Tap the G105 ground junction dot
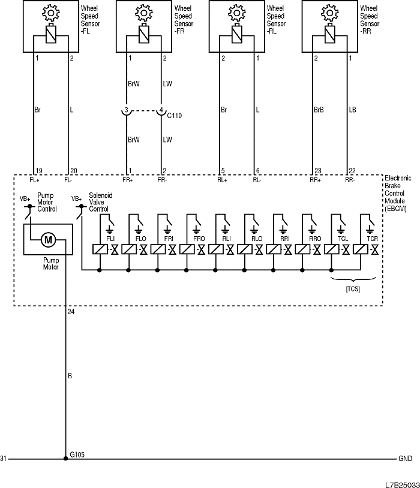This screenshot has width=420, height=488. (x=65, y=459)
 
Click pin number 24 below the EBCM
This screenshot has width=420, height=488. (x=71, y=312)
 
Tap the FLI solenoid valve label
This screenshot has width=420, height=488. (x=110, y=238)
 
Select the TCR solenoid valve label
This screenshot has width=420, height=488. (x=372, y=238)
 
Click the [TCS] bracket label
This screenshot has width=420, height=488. (x=353, y=289)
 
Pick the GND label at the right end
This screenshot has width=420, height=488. (x=405, y=459)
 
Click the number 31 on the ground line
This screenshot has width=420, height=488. (x=4, y=459)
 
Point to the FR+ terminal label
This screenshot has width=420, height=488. (x=127, y=179)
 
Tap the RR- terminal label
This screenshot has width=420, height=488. (x=349, y=179)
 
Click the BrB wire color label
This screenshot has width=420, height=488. (x=319, y=110)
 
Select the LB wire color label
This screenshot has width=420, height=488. (x=353, y=110)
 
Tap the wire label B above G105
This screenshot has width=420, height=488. (x=70, y=376)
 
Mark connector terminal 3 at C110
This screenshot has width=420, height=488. (x=127, y=110)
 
